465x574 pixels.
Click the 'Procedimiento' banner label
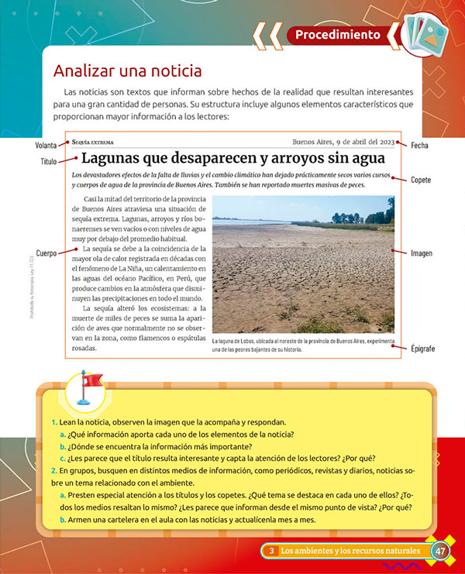(338, 35)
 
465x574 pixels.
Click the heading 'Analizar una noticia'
(127, 70)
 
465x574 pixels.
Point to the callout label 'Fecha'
(420, 146)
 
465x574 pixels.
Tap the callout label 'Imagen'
(422, 253)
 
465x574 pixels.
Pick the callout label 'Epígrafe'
(423, 349)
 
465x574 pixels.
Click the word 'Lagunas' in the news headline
(116, 160)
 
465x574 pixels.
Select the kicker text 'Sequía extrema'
(92, 143)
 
